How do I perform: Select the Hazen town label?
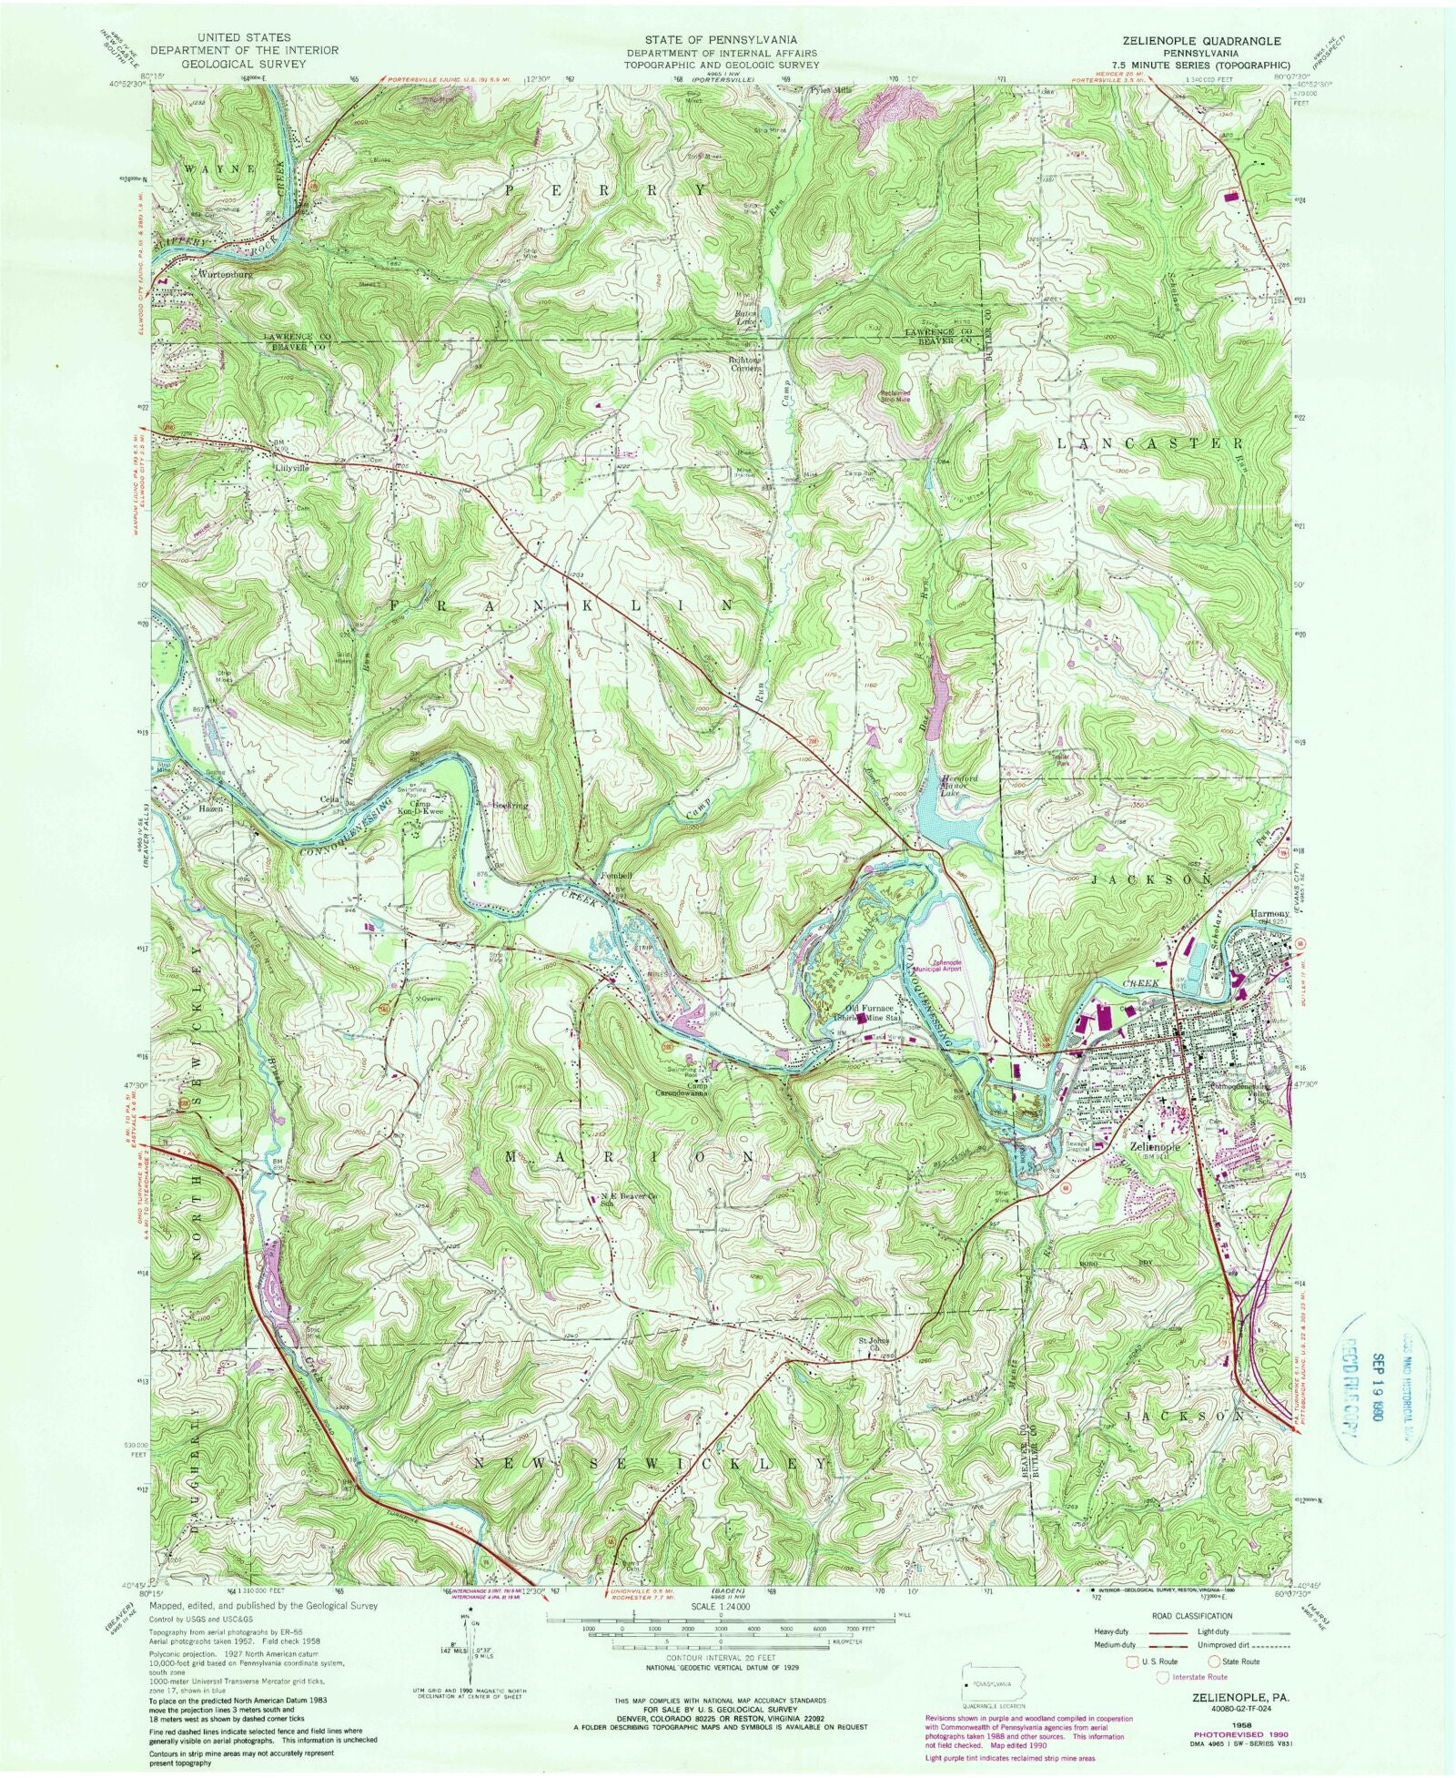[x=208, y=807]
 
